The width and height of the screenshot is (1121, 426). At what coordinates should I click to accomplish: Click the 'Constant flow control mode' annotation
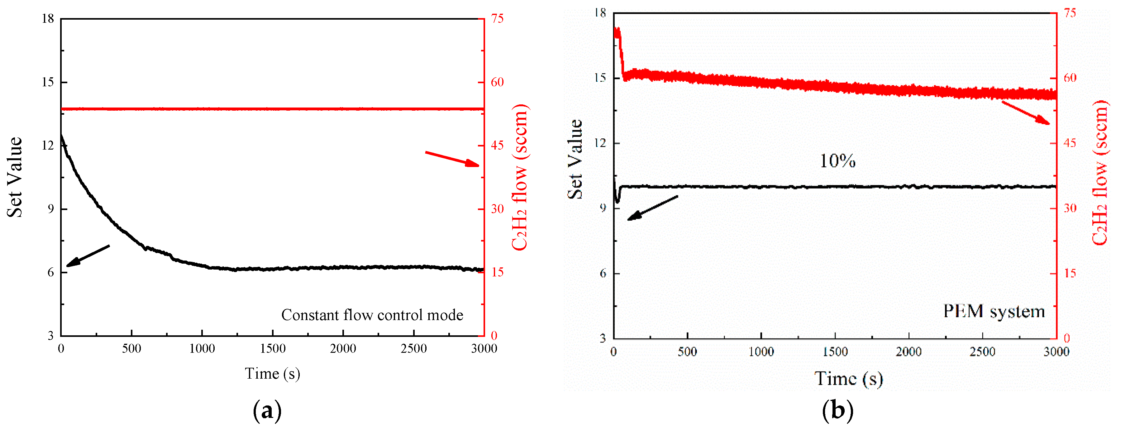pyautogui.click(x=372, y=315)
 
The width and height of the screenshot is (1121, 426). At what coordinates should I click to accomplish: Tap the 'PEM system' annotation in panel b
pyautogui.click(x=994, y=312)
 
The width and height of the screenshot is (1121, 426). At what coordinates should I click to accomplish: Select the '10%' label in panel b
pyautogui.click(x=837, y=161)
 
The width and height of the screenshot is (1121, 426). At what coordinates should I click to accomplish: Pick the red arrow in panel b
pyautogui.click(x=1026, y=113)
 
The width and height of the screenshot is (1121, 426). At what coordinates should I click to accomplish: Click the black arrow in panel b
pyautogui.click(x=652, y=208)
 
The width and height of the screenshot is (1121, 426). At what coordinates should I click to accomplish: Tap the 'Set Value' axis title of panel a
pyautogui.click(x=14, y=177)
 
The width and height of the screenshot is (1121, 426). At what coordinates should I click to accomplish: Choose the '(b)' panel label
pyautogui.click(x=838, y=411)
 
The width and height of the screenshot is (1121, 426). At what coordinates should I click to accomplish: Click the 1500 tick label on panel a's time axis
pyautogui.click(x=273, y=348)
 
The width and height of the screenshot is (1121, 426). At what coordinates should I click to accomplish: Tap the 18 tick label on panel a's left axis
pyautogui.click(x=48, y=19)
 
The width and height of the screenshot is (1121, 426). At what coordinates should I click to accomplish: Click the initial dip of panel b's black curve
pyautogui.click(x=617, y=200)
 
